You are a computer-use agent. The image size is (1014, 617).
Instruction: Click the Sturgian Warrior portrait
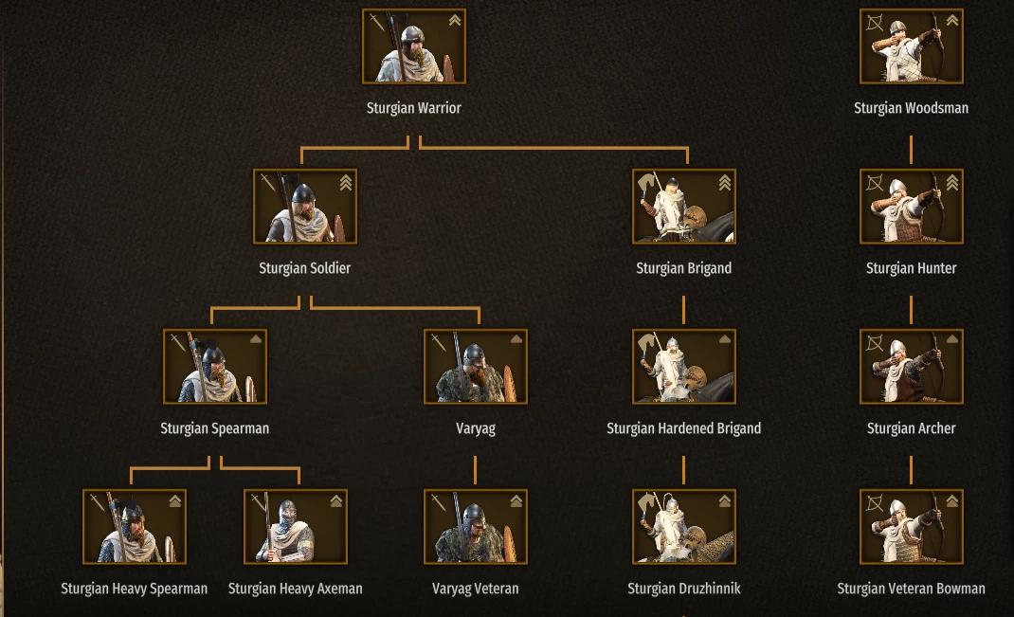414,45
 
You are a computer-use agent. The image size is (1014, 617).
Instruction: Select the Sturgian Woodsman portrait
911,45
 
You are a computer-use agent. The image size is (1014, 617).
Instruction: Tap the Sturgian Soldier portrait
304,207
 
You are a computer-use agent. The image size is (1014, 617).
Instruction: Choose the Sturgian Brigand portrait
683,207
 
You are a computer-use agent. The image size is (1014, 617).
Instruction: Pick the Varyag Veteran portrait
476,526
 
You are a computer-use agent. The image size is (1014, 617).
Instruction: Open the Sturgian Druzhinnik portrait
683,526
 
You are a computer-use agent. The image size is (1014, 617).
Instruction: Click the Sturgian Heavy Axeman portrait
296,526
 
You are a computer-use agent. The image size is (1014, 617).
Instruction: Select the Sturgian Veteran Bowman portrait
911,526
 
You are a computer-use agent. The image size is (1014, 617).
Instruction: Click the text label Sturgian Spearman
215,428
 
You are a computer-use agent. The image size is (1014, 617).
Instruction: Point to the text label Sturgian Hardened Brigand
683,428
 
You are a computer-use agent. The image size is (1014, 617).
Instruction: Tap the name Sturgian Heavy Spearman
134,589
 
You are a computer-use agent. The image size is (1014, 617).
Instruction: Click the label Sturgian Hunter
911,268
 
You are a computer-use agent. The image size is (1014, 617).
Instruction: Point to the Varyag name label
476,428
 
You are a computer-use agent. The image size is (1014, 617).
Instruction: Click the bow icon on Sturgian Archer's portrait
875,343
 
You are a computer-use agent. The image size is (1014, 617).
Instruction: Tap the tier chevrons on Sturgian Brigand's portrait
724,183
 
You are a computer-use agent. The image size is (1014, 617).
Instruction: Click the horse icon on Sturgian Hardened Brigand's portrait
646,343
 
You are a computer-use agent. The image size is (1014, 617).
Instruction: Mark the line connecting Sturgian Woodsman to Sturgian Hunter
911,150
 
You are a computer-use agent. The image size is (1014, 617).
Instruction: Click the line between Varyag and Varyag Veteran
476,469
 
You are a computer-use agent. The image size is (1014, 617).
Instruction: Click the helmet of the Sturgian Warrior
411,34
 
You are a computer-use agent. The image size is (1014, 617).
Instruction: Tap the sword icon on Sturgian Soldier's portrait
268,182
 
